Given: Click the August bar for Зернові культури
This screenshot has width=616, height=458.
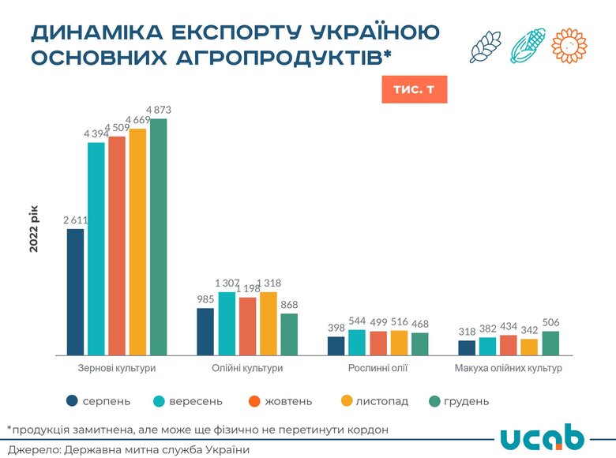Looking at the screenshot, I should tap(75, 291).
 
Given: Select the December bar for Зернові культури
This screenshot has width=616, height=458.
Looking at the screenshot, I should tap(159, 237).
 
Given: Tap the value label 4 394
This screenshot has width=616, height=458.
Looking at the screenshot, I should tap(97, 134).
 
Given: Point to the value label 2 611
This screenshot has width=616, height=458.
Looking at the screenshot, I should tap(75, 220).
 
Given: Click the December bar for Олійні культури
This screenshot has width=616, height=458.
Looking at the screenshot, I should tap(289, 334).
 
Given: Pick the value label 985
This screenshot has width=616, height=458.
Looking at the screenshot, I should tap(205, 299).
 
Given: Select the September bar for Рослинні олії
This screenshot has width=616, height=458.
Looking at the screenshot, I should tap(335, 342).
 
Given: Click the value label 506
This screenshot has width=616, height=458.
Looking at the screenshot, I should tap(550, 322).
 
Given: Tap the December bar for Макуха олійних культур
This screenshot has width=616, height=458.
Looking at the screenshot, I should tap(550, 343).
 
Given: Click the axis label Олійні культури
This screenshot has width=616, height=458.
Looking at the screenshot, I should tap(246, 369).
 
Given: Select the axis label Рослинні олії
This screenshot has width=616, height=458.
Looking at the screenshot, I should tap(377, 369).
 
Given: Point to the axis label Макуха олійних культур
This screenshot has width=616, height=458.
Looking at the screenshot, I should tap(508, 369).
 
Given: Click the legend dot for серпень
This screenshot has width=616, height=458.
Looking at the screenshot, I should tap(73, 401).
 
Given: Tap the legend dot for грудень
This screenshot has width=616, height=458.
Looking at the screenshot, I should tap(434, 401).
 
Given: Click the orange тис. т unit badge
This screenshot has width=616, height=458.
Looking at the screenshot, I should tap(414, 89).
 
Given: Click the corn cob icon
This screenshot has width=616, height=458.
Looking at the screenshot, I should tap(527, 46).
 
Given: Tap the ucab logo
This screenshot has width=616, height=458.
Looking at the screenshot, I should tap(543, 438).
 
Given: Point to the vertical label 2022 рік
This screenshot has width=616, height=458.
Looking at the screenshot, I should tap(34, 229).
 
